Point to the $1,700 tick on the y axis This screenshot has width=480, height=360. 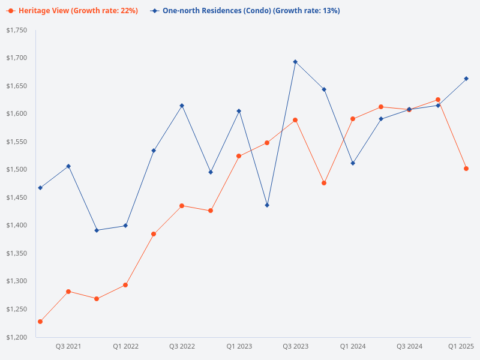pyautogui.click(x=17, y=58)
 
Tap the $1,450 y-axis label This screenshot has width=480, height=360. pyautogui.click(x=17, y=197)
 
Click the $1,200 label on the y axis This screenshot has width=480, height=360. pyautogui.click(x=17, y=337)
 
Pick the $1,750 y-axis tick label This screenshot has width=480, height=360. pyautogui.click(x=17, y=31)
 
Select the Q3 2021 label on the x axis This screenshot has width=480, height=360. pyautogui.click(x=68, y=346)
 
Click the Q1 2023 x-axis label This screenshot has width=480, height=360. pyautogui.click(x=239, y=346)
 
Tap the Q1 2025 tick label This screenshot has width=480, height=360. pyautogui.click(x=461, y=346)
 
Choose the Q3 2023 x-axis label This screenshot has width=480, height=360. pyautogui.click(x=295, y=346)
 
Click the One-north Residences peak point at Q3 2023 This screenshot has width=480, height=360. pyautogui.click(x=295, y=62)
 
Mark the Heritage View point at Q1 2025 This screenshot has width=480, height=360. pyautogui.click(x=466, y=169)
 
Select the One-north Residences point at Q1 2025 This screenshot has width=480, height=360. pyautogui.click(x=466, y=79)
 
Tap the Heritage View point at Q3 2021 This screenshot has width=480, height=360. pyautogui.click(x=68, y=292)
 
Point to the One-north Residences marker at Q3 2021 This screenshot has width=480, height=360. pyautogui.click(x=68, y=166)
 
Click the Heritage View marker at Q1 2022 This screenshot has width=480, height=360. pyautogui.click(x=125, y=285)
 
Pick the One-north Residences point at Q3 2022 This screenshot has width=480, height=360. pyautogui.click(x=182, y=106)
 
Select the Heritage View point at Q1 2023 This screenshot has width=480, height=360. pyautogui.click(x=239, y=156)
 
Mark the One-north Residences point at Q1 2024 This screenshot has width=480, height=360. pyautogui.click(x=353, y=163)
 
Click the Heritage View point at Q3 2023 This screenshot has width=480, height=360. pyautogui.click(x=295, y=120)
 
